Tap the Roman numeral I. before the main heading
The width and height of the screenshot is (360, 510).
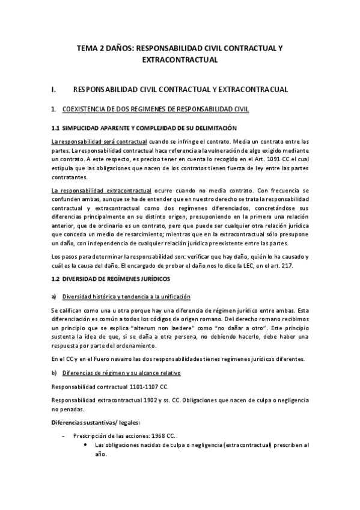[x=55, y=90]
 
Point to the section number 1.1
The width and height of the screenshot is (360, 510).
[x=56, y=128]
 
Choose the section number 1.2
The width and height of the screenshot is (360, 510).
[x=56, y=280]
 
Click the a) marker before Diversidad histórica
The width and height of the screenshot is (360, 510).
[x=54, y=296]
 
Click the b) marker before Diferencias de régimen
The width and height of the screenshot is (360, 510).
[x=54, y=373]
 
